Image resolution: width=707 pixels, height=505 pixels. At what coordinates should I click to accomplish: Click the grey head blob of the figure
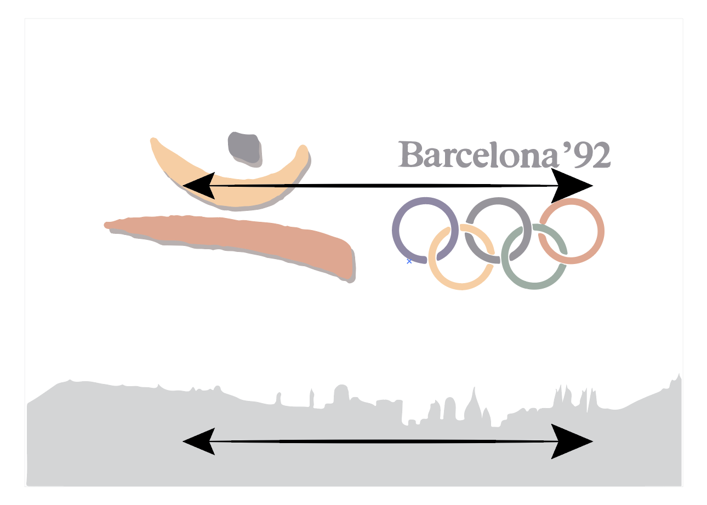244,149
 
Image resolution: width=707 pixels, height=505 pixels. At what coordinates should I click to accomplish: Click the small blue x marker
409,261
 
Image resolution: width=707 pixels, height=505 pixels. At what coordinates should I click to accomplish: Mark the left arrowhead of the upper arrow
199,186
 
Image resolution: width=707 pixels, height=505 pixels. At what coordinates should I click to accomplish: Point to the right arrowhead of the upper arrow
572,186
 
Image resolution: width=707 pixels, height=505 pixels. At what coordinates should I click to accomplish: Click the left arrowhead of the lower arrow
199,441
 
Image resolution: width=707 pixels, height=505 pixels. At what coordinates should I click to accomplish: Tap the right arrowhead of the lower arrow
572,441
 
